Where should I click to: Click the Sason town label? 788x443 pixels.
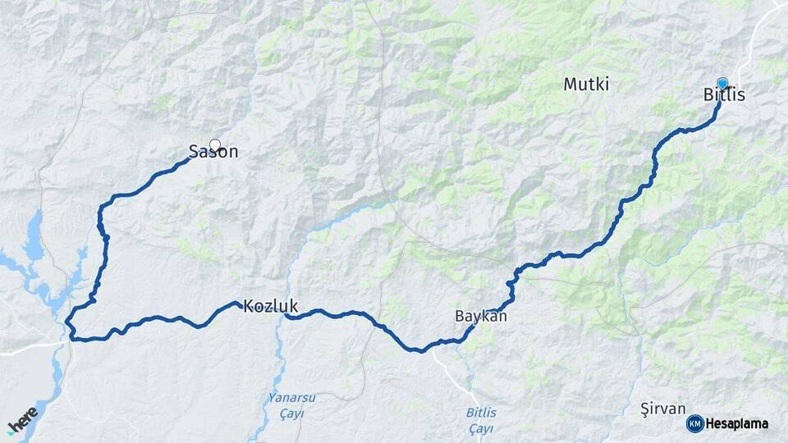click(x=213, y=152)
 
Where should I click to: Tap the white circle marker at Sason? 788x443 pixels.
click(x=215, y=144)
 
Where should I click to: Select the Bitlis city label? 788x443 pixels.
click(x=724, y=95)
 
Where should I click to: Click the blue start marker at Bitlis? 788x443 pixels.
click(x=722, y=83)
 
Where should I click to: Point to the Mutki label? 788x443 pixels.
click(x=586, y=84)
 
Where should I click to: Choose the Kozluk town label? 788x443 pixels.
click(x=270, y=306)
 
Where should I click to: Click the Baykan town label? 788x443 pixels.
click(x=481, y=316)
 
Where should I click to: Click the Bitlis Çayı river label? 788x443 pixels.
click(x=481, y=420)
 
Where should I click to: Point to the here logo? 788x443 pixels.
click(x=22, y=420)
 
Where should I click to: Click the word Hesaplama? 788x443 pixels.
click(x=737, y=423)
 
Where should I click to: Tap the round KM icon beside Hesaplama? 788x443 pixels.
click(x=695, y=423)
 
